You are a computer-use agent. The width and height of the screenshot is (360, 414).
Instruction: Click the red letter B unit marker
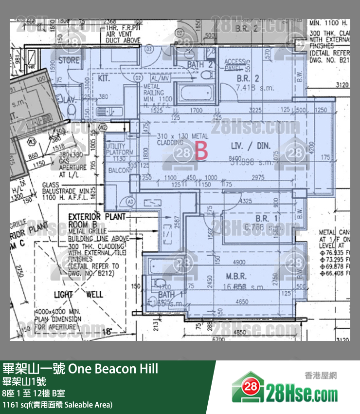point(201,151)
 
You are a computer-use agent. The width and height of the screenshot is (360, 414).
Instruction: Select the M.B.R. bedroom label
point(236,276)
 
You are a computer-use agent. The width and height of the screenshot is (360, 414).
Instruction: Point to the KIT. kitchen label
point(104,78)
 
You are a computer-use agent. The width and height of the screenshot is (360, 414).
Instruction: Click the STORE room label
point(69,60)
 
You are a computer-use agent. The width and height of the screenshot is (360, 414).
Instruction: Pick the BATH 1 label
point(166,295)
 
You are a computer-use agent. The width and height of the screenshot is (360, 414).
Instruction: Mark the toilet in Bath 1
point(158,283)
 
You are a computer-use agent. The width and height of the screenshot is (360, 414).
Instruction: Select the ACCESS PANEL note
point(235,64)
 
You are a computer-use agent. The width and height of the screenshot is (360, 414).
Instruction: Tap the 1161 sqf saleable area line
point(57,404)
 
